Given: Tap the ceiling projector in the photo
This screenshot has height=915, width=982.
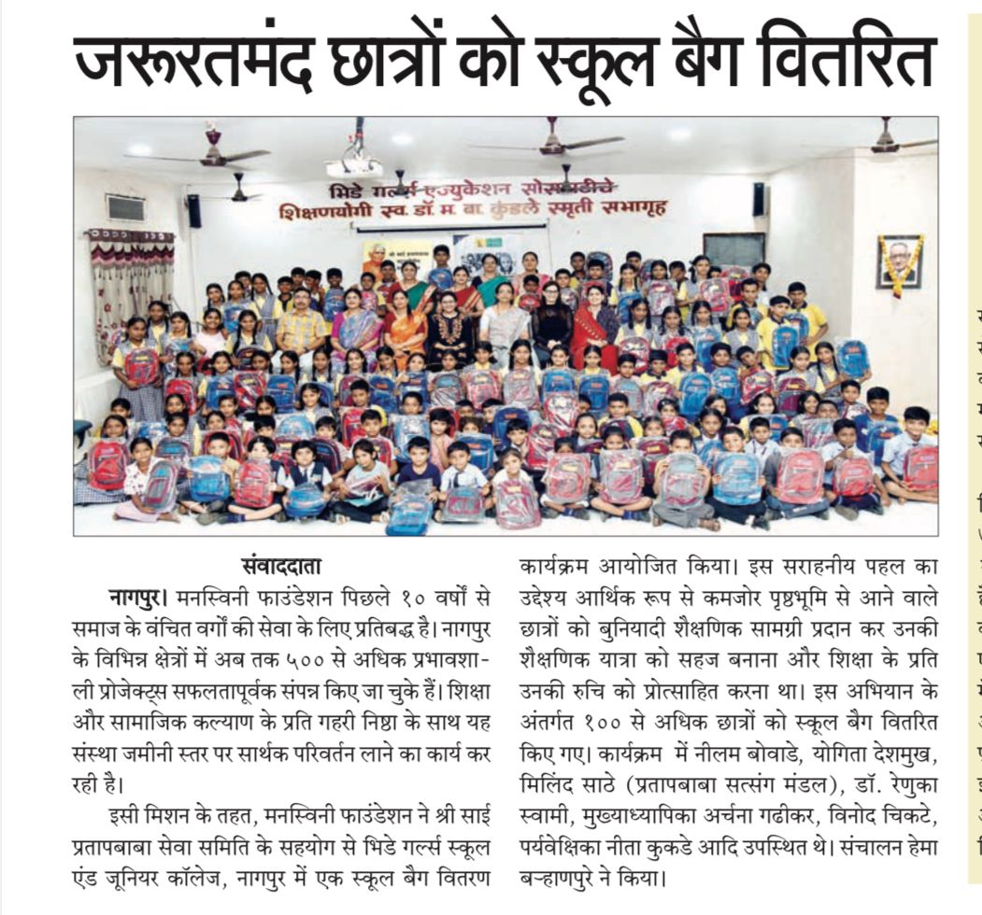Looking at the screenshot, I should tap(354, 166).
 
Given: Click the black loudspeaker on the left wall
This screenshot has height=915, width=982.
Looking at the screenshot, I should tap(193, 211).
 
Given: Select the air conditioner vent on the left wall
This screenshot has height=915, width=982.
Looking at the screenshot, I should tap(125, 208).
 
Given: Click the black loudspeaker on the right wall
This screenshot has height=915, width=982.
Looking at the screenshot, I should tap(758, 199).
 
